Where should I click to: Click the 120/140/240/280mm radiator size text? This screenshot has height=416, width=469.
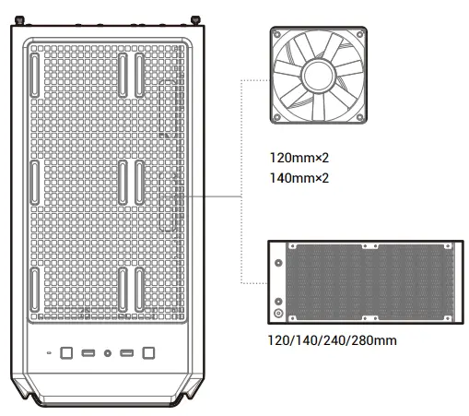332,342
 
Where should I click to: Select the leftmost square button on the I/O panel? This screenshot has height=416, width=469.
66,353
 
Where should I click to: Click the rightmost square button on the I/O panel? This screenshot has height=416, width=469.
148,353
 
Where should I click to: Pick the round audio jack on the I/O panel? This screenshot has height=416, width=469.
108,353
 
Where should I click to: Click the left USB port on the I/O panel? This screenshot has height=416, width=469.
88,353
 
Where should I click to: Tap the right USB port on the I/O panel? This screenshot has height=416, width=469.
128,353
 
